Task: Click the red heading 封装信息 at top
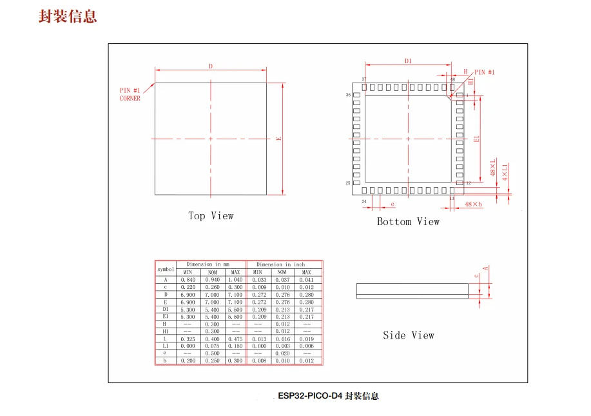[x=68, y=17]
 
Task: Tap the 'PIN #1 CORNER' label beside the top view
[x=130, y=94]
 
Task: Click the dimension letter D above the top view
[x=210, y=66]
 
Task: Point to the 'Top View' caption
[x=211, y=216]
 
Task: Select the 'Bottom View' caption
[x=408, y=222]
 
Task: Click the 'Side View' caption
[x=408, y=335]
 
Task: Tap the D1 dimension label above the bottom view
[x=408, y=61]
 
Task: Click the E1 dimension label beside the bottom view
[x=476, y=139]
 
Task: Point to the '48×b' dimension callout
[x=473, y=204]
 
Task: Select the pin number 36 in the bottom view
[x=348, y=95]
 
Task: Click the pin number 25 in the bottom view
[x=348, y=183]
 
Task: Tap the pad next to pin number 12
[x=460, y=183]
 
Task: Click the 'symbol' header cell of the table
[x=166, y=268]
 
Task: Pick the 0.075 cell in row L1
[x=211, y=346]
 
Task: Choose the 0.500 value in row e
[x=211, y=353]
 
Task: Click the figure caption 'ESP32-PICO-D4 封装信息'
[x=329, y=396]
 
